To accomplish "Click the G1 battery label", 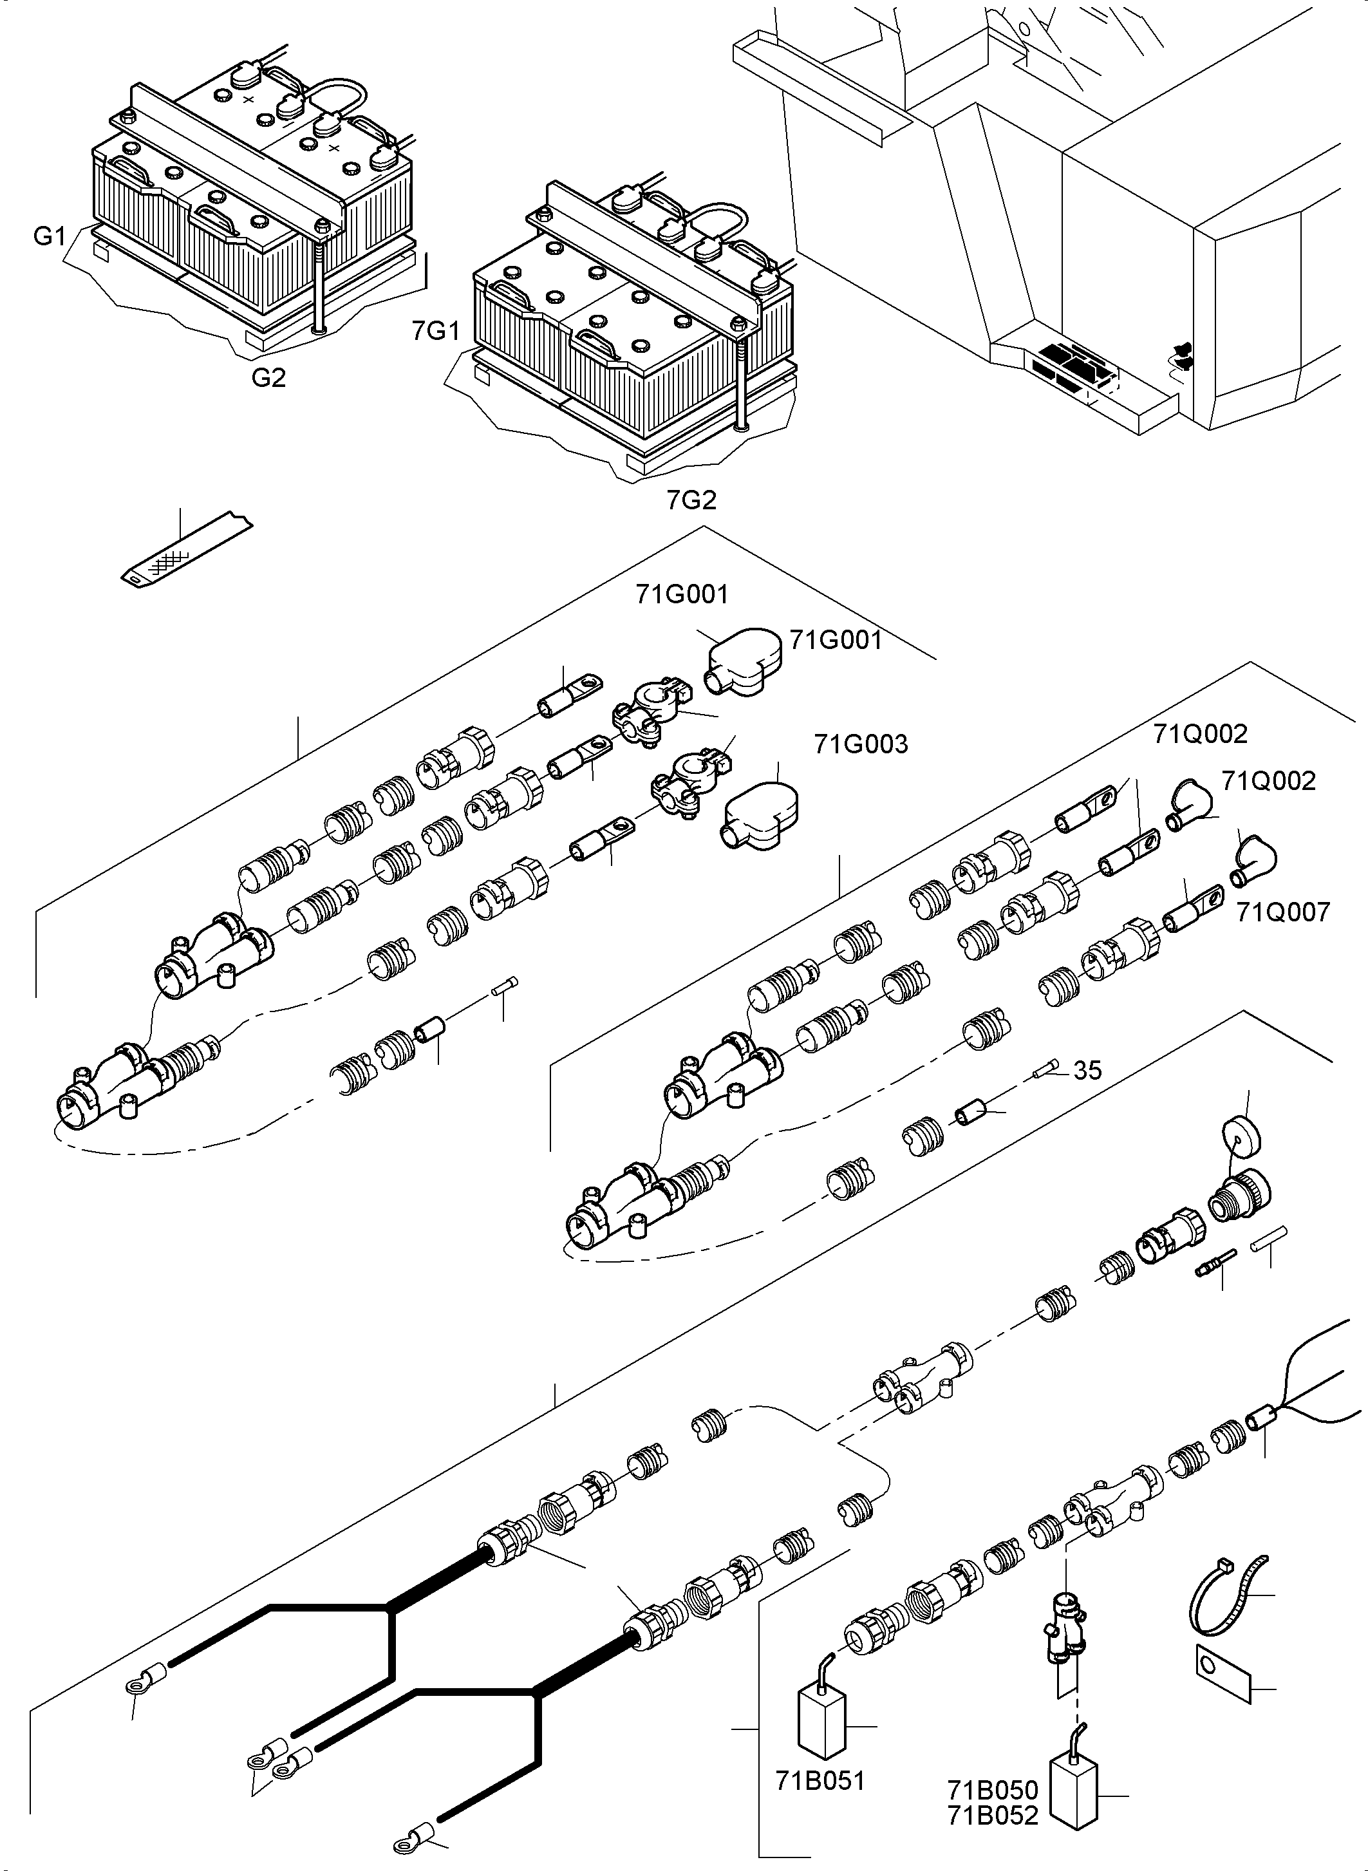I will pyautogui.click(x=49, y=236).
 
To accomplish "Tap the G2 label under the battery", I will pyautogui.click(x=268, y=378).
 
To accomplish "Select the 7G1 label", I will pyautogui.click(x=436, y=332).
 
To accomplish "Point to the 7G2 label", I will pyautogui.click(x=691, y=500).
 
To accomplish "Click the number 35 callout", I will pyautogui.click(x=1087, y=1071).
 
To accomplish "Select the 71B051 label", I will pyautogui.click(x=820, y=1781).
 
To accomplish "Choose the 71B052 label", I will pyautogui.click(x=993, y=1816).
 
